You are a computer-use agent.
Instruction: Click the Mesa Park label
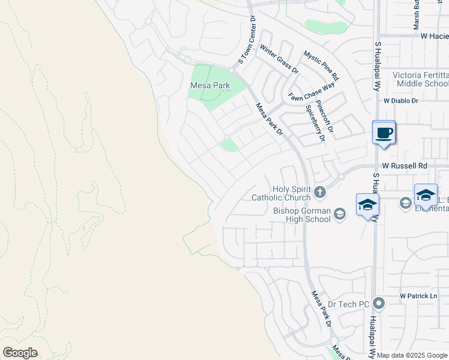tap(209, 86)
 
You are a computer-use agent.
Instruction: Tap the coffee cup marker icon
tap(384, 133)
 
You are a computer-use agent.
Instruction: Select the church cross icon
tap(320, 193)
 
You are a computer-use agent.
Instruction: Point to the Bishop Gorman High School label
tap(301, 215)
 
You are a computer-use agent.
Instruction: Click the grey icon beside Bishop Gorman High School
tap(340, 214)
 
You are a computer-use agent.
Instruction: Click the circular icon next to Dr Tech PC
tap(378, 303)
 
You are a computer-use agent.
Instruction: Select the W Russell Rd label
tap(405, 165)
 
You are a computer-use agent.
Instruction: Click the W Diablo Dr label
tap(400, 101)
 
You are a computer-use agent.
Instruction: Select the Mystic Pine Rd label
tap(321, 65)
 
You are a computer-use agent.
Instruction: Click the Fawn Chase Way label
tap(311, 91)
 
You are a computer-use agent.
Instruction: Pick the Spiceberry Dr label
tap(315, 122)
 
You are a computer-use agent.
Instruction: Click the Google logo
tap(20, 353)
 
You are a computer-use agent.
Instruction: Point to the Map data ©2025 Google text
tap(412, 355)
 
